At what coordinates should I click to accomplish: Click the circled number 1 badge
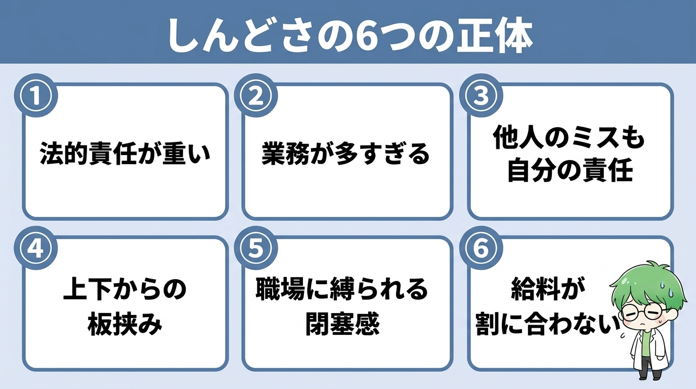pos(36,96)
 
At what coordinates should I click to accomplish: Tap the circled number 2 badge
pos(256,96)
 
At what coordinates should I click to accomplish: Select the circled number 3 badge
pos(482,96)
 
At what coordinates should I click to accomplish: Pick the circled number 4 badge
pos(36,248)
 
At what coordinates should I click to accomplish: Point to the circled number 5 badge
pos(256,248)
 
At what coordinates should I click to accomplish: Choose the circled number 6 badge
pos(482,248)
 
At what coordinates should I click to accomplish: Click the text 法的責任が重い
pos(125,153)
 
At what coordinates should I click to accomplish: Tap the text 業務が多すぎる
pos(346,153)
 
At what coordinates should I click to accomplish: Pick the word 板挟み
pos(125,324)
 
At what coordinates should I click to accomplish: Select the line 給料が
pos(548,289)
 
